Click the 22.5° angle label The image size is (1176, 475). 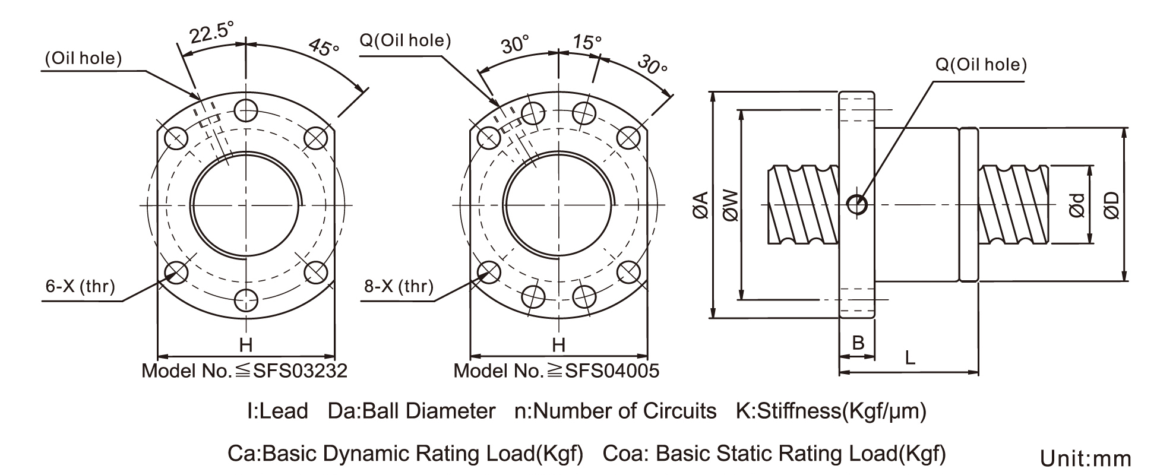(211, 33)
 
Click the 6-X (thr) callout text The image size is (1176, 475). (80, 286)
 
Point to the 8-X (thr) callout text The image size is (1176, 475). (399, 286)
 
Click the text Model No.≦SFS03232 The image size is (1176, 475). (244, 371)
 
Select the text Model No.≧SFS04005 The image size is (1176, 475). (557, 371)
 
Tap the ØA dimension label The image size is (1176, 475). (701, 205)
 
